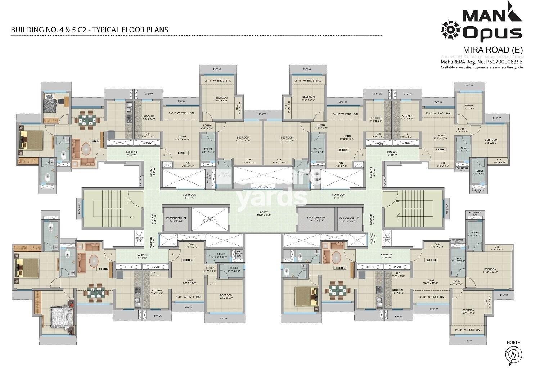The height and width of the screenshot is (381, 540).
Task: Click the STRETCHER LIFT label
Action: pyautogui.click(x=316, y=218)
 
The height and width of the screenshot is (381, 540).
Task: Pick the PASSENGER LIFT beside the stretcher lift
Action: pyautogui.click(x=349, y=219)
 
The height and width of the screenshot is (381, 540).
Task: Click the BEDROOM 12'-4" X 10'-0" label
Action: pyautogui.click(x=490, y=271)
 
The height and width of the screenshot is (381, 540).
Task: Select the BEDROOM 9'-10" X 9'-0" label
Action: pyautogui.click(x=226, y=296)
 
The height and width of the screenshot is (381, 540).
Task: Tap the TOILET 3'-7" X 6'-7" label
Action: pyautogui.click(x=479, y=172)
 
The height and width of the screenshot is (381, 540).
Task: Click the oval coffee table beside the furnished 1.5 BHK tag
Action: pyautogui.click(x=86, y=149)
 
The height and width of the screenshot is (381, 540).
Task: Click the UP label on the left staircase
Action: pyautogui.click(x=131, y=217)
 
